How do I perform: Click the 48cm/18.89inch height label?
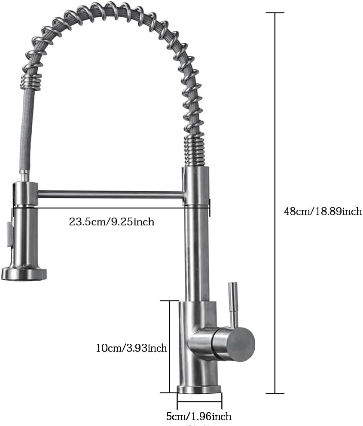click(323, 211)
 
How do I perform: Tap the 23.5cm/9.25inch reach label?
click(111, 222)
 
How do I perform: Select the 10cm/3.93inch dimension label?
click(131, 347)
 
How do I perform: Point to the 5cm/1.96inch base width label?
click(198, 416)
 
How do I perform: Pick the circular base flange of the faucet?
click(199, 389)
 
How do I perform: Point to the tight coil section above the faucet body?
click(196, 150)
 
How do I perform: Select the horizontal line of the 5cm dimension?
click(199, 403)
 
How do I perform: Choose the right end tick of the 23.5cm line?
click(210, 208)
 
